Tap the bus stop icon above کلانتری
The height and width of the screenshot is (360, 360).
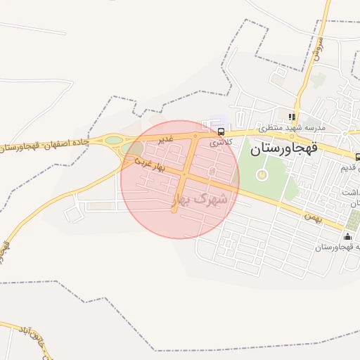[221, 131]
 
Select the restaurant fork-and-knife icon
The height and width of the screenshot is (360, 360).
[291, 117]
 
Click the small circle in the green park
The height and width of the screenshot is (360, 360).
[262, 174]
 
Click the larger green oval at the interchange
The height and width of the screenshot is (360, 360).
[113, 140]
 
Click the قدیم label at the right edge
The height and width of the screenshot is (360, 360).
[349, 168]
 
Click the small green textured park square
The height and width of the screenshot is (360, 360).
[353, 221]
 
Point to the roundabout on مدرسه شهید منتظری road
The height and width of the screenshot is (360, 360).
[345, 133]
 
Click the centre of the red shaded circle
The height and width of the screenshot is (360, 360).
[180, 179]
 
